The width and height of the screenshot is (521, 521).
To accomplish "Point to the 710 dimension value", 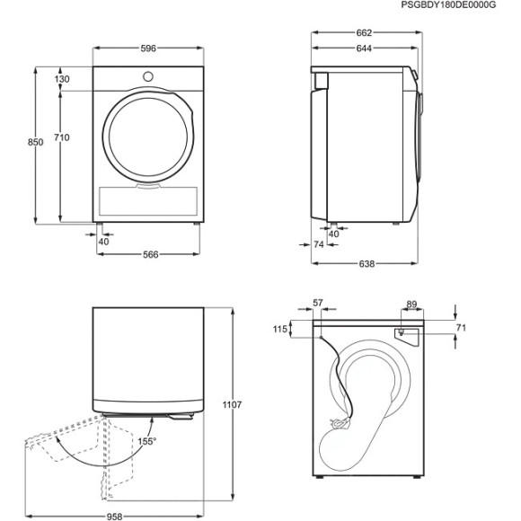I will pyautogui.click(x=61, y=137).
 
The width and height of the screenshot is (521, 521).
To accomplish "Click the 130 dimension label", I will pyautogui.click(x=61, y=79).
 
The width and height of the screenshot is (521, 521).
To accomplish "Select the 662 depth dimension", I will pyautogui.click(x=364, y=32).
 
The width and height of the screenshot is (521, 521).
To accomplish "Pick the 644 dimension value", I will pyautogui.click(x=364, y=48).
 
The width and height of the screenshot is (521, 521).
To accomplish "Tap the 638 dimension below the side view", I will pyautogui.click(x=366, y=264).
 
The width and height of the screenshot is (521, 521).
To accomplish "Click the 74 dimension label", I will pyautogui.click(x=318, y=243).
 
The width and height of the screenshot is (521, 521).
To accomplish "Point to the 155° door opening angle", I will pyautogui.click(x=147, y=442).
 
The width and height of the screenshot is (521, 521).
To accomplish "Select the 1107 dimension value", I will pyautogui.click(x=232, y=406).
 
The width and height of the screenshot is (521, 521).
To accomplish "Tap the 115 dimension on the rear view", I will pyautogui.click(x=278, y=330).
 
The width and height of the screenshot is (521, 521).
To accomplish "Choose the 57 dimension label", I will pyautogui.click(x=317, y=305).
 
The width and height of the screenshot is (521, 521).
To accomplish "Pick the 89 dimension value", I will pyautogui.click(x=411, y=305).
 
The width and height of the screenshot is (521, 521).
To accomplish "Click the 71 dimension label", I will pyautogui.click(x=461, y=330).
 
